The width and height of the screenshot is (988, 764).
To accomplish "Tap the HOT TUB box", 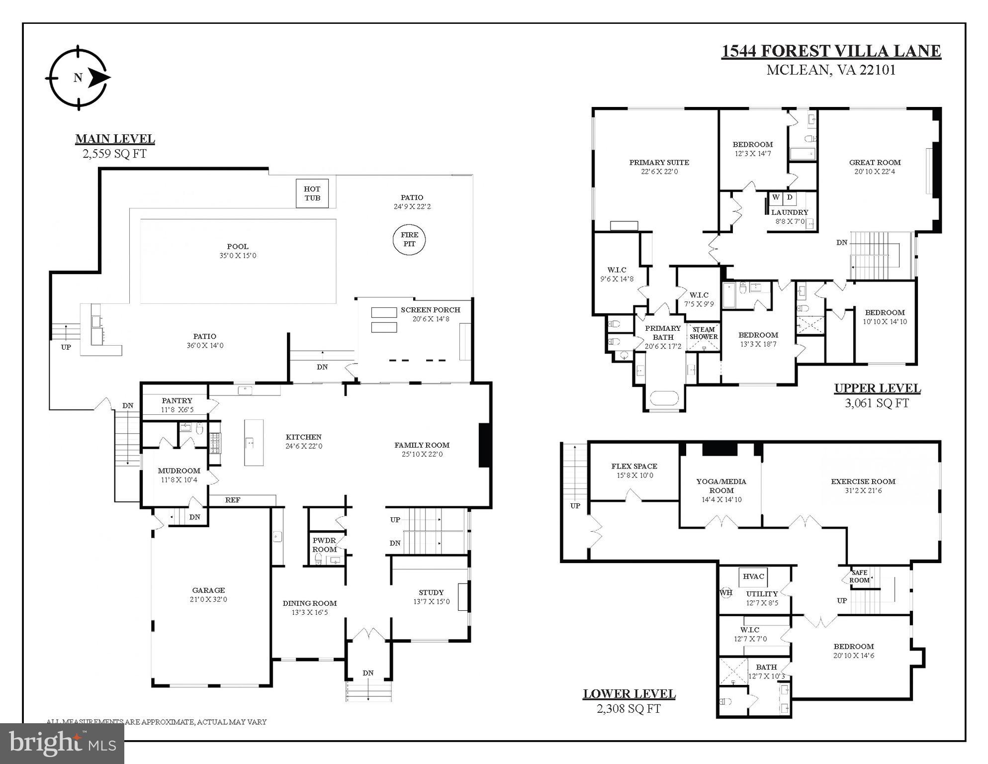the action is [x=312, y=193].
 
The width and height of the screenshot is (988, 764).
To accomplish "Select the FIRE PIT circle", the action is [x=409, y=239].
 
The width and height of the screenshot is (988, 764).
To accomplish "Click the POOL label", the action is [x=238, y=246].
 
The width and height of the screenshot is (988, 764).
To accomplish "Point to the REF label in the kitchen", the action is [x=233, y=500].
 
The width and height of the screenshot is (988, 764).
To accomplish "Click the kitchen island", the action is [x=254, y=442].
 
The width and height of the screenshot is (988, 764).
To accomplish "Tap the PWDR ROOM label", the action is [x=324, y=545].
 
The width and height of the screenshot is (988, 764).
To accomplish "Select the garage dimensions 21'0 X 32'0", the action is [x=209, y=599].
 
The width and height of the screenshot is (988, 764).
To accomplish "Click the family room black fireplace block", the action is [x=485, y=445].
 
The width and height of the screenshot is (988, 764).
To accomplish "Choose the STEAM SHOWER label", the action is [x=704, y=333].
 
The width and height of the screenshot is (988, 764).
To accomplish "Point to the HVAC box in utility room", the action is [x=753, y=576].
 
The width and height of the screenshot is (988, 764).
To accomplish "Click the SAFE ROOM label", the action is [x=859, y=576].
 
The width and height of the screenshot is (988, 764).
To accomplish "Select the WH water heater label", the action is [x=726, y=592].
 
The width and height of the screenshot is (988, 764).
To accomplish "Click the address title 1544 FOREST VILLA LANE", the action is [x=831, y=51].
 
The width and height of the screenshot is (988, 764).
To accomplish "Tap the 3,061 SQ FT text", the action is [x=877, y=403].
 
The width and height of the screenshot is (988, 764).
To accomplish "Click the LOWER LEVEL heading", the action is [x=629, y=693].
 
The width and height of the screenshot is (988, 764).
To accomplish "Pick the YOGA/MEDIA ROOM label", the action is [x=721, y=486].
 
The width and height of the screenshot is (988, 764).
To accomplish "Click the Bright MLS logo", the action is [x=62, y=743].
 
